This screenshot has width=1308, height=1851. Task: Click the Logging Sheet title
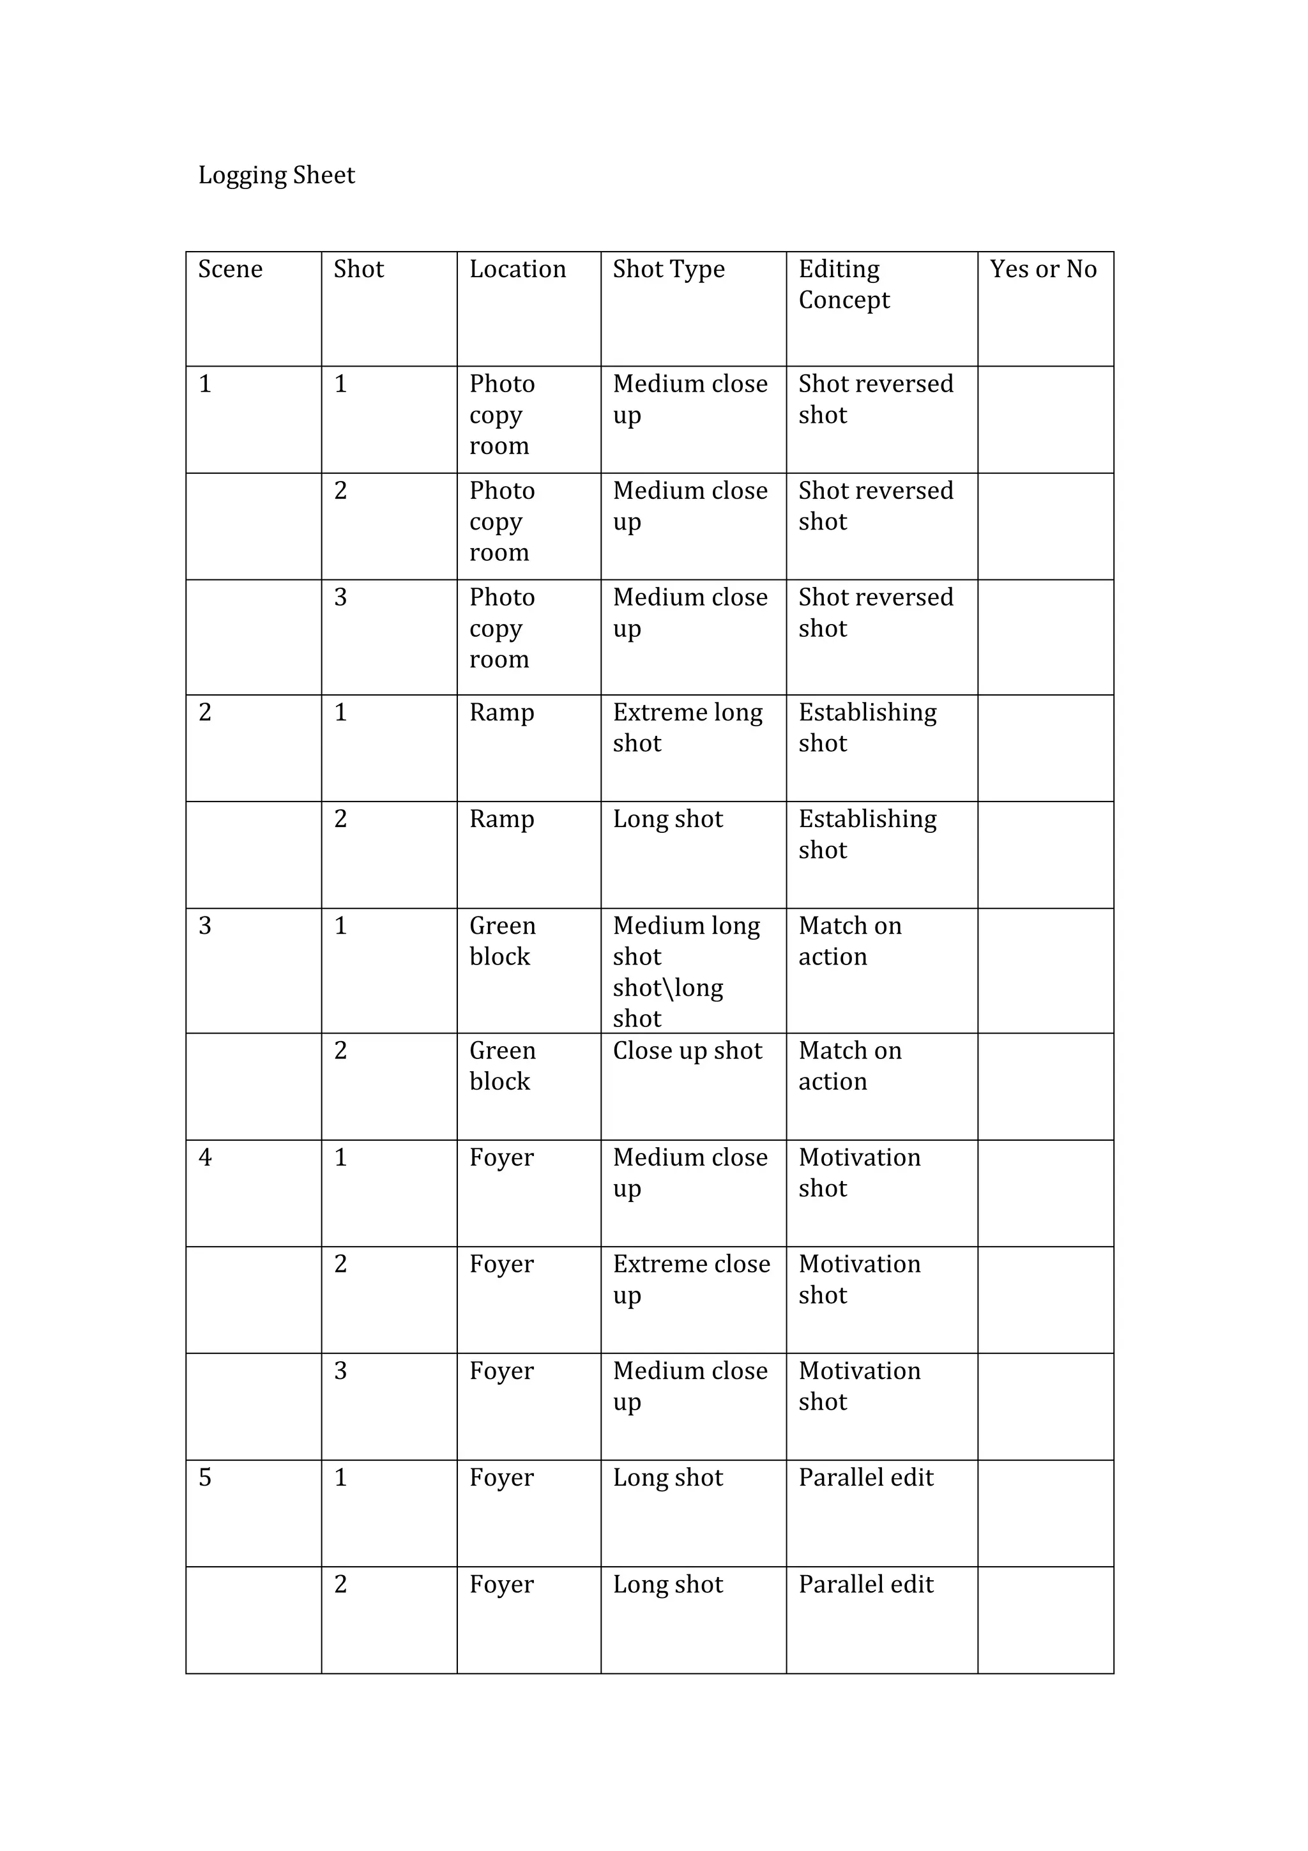[x=277, y=176]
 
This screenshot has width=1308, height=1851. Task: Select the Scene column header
[x=231, y=270]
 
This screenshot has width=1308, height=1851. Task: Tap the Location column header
[x=517, y=270]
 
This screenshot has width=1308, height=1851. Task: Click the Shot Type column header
[x=668, y=270]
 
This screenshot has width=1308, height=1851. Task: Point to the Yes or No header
[x=1043, y=270]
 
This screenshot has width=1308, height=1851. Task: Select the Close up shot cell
[x=687, y=1051]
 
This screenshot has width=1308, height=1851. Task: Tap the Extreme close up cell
[x=692, y=1279]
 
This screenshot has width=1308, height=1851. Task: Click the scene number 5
[x=206, y=1478]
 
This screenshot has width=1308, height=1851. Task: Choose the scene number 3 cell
[x=206, y=925]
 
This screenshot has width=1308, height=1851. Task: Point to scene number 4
[x=206, y=1158]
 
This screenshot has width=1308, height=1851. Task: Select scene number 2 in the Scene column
[x=206, y=713]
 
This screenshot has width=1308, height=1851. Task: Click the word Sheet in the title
[x=324, y=176]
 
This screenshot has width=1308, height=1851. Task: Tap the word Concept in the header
[x=844, y=300]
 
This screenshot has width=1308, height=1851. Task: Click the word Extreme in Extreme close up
[x=649, y=1264]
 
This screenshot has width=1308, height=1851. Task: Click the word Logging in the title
[x=242, y=176]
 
